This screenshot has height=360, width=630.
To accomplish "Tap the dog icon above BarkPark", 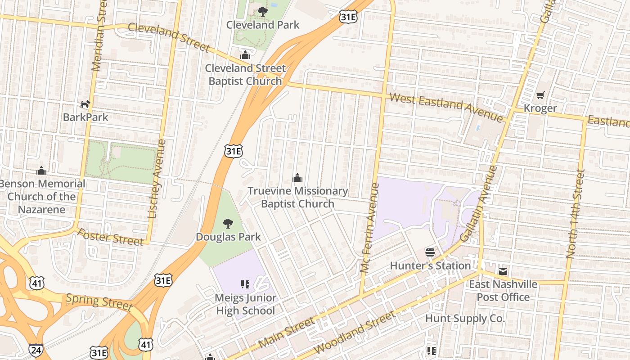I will pos(85,104).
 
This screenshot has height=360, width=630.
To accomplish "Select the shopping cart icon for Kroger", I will pos(540,95).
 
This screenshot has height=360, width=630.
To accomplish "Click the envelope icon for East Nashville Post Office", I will pos(503,271).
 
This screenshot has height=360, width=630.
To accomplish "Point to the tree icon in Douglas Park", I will pos(228,223).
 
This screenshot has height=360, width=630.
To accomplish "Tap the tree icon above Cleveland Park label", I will pos(262,12).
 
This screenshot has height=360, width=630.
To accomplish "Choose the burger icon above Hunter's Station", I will pos(430,252).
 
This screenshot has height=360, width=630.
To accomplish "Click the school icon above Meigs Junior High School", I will pos(245,284).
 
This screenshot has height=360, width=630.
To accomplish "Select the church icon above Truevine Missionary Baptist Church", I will pos(297,178).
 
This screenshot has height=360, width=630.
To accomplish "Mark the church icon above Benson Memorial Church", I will pos(41,171).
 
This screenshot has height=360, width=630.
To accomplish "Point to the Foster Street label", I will pos(110,237).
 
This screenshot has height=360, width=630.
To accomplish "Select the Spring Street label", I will pos(99,302).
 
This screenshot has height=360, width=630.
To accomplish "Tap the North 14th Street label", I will pos(576,213).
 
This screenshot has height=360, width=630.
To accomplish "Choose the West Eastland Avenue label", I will pos(445,107).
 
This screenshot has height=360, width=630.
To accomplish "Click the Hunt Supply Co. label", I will pos(465,319).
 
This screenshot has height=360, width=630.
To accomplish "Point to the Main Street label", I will pos(287,333).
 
